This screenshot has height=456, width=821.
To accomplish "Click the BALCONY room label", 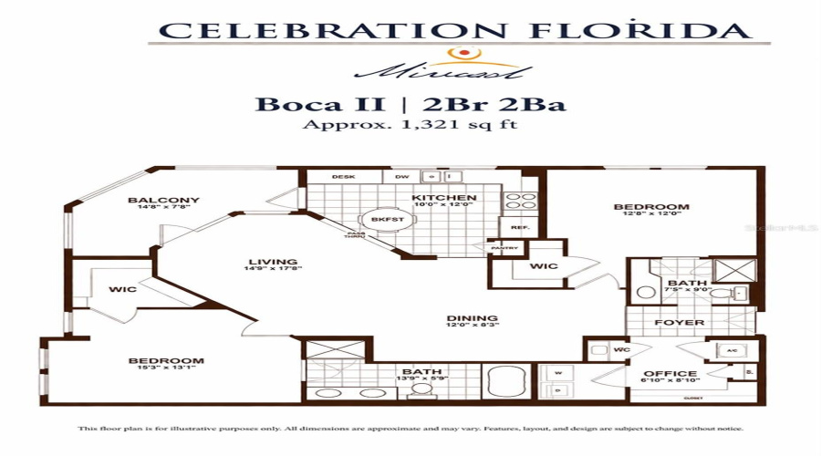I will point(163,200).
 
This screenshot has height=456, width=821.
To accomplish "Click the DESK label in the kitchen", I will point(343,177).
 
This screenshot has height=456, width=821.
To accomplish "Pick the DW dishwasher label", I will point(401,177).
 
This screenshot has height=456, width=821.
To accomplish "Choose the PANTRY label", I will point(505,248).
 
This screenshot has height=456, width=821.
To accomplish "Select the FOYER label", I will point(680,323).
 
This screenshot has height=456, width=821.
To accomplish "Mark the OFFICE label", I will point(670,374).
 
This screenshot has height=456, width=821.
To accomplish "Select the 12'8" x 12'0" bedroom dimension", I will point(650,216).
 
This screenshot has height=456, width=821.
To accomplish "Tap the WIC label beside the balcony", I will point(122,289).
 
